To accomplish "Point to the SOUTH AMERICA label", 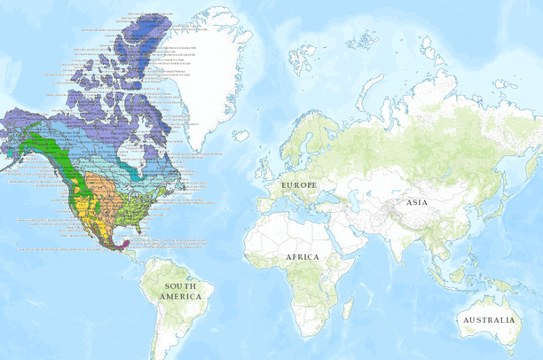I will tap(183, 291).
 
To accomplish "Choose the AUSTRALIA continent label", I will tap(486, 319).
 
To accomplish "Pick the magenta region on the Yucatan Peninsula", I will tap(126, 240).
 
